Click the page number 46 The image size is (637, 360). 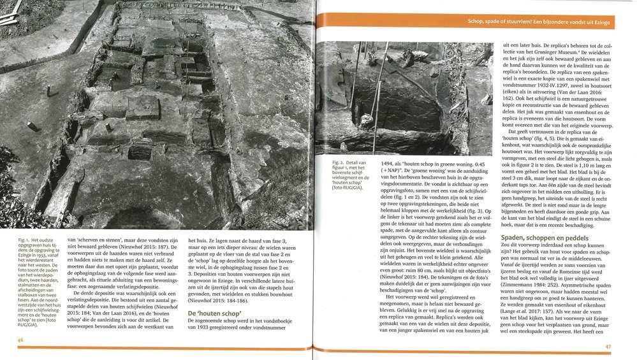[21, 340]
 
